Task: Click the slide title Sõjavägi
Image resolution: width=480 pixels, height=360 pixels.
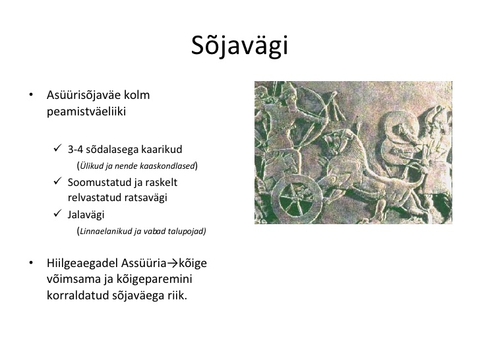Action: click(x=240, y=45)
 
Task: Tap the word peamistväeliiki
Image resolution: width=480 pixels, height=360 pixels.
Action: click(x=86, y=111)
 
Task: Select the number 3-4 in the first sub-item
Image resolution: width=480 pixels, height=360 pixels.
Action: click(x=75, y=150)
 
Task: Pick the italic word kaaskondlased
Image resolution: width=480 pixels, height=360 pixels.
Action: click(x=167, y=165)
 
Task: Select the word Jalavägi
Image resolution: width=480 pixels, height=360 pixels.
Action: click(x=86, y=214)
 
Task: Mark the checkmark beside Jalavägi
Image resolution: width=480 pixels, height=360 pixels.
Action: click(x=57, y=213)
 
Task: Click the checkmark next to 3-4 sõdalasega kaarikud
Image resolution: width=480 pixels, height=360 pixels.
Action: click(x=57, y=148)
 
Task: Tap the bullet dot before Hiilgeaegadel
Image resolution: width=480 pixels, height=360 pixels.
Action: click(x=31, y=263)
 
